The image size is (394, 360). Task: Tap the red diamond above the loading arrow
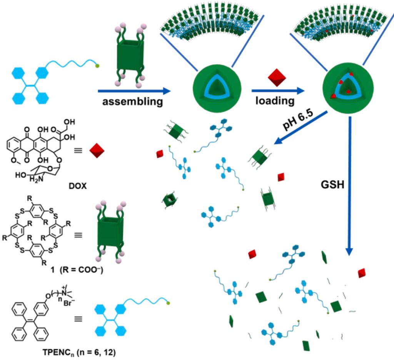276,79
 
